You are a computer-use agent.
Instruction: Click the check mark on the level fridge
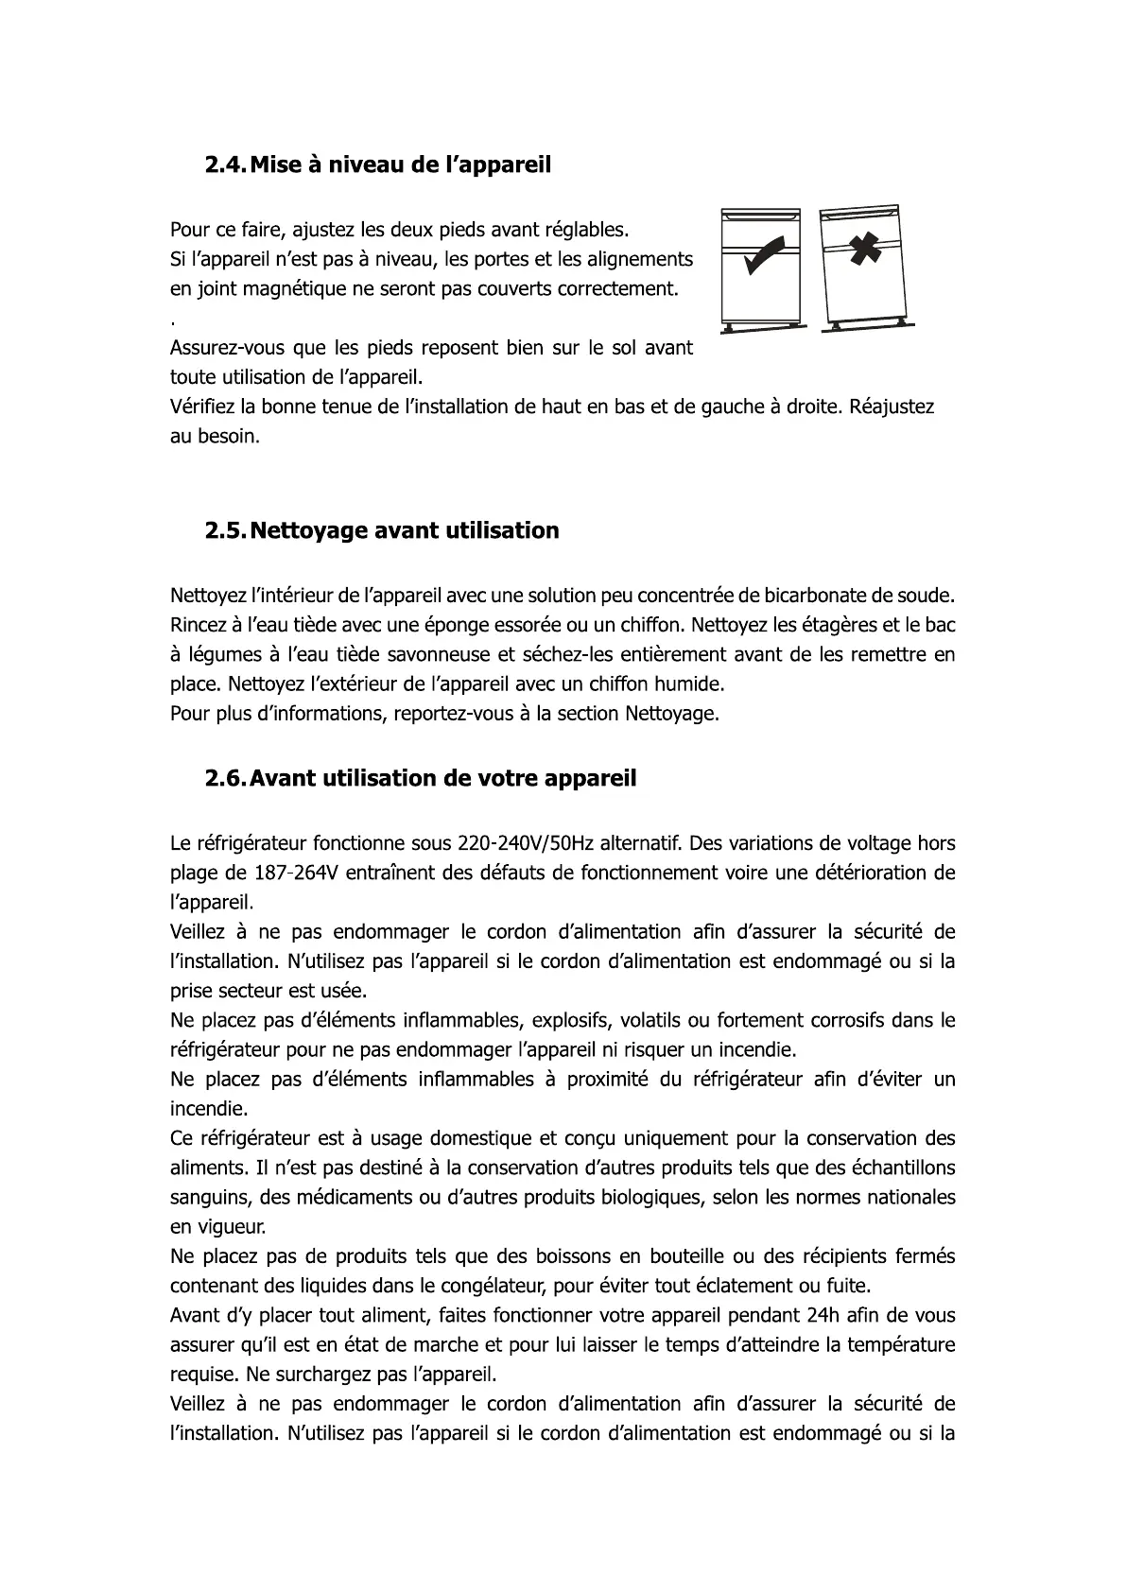click(764, 253)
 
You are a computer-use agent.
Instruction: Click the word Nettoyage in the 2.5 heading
click(308, 531)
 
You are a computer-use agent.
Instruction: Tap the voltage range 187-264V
click(296, 872)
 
